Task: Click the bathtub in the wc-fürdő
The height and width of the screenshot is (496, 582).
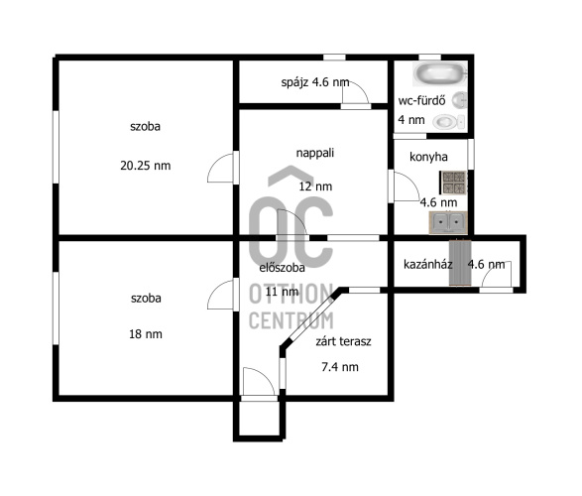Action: point(440,73)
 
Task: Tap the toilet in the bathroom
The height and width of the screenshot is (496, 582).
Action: point(449,121)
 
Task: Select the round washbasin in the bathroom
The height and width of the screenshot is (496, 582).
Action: point(459,100)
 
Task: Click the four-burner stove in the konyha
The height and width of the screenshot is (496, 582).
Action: point(453,183)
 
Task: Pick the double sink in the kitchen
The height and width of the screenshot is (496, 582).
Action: point(448,222)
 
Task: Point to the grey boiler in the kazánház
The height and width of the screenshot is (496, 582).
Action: point(460,263)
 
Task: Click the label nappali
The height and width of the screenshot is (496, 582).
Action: point(315,153)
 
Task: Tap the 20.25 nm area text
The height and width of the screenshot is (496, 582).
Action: point(146,166)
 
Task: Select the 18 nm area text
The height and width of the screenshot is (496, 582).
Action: point(146,334)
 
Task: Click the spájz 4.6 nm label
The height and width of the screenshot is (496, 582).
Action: point(315,82)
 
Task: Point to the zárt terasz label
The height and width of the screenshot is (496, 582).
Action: point(343,341)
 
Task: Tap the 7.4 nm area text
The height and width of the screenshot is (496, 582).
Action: point(340,367)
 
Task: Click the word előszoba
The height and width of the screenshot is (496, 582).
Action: point(283,268)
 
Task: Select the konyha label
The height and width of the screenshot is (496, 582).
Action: point(428,157)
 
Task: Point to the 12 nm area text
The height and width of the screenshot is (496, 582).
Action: point(315,186)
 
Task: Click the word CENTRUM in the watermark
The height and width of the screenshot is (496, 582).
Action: point(291,320)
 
